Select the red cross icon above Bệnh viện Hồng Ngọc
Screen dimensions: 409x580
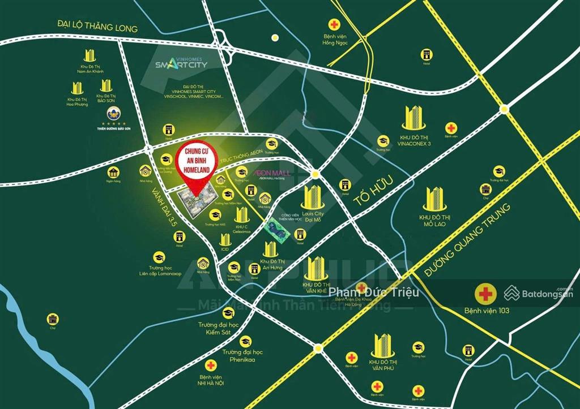(335, 25)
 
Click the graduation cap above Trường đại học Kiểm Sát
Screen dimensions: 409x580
(227, 312)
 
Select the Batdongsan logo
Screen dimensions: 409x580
(538, 293)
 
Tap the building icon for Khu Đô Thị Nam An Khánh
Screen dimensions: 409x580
(90, 55)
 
